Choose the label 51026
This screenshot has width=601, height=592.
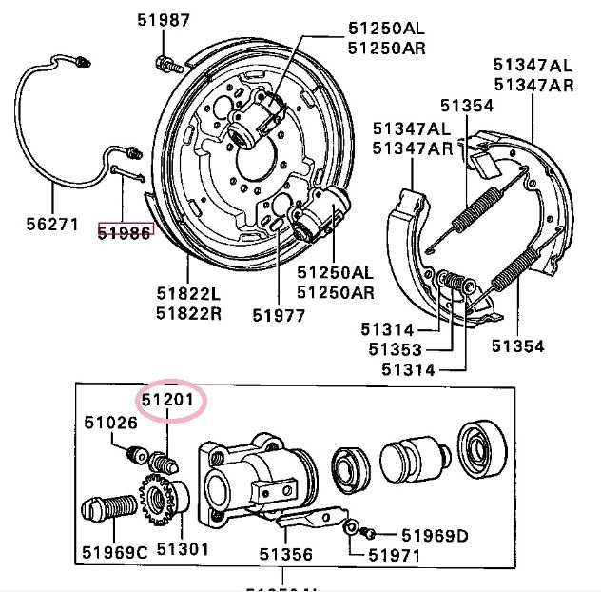110,423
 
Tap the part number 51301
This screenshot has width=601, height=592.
182,549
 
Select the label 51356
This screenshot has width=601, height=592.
286,553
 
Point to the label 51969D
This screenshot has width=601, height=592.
435,535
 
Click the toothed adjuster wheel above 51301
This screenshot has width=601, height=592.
160,498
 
